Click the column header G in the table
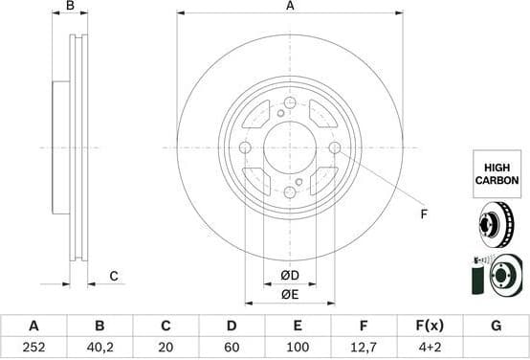pyautogui.click(x=496, y=326)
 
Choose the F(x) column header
pyautogui.click(x=431, y=326)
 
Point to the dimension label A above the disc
pyautogui.click(x=290, y=7)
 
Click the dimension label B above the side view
pyautogui.click(x=70, y=7)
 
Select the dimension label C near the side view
pyautogui.click(x=113, y=277)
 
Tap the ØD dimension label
pyautogui.click(x=289, y=277)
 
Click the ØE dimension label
pyautogui.click(x=289, y=295)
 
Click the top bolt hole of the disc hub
pyautogui.click(x=290, y=102)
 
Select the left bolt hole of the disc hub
pyautogui.click(x=245, y=147)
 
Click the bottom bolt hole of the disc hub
pyautogui.click(x=290, y=192)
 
